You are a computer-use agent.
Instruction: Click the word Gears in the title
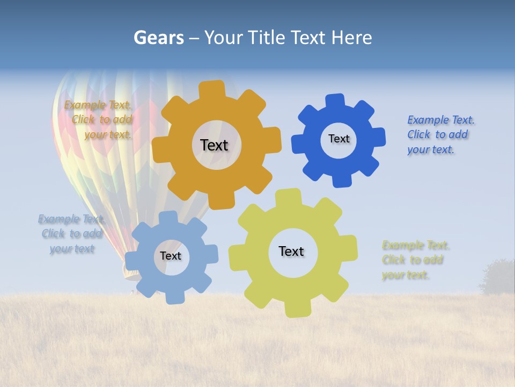pyautogui.click(x=158, y=38)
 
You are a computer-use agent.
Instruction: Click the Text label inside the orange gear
pyautogui.click(x=214, y=145)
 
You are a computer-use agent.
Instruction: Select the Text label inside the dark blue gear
pyautogui.click(x=339, y=139)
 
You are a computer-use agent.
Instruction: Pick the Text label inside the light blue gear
pyautogui.click(x=171, y=256)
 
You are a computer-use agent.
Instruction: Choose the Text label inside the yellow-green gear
pyautogui.click(x=291, y=251)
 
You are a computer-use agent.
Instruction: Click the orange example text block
pyautogui.click(x=99, y=120)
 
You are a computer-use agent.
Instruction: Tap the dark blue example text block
pyautogui.click(x=440, y=135)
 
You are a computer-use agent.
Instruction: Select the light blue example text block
pyautogui.click(x=71, y=234)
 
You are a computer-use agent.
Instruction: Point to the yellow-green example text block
pyautogui.click(x=415, y=260)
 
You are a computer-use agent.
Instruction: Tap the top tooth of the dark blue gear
pyautogui.click(x=335, y=101)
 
